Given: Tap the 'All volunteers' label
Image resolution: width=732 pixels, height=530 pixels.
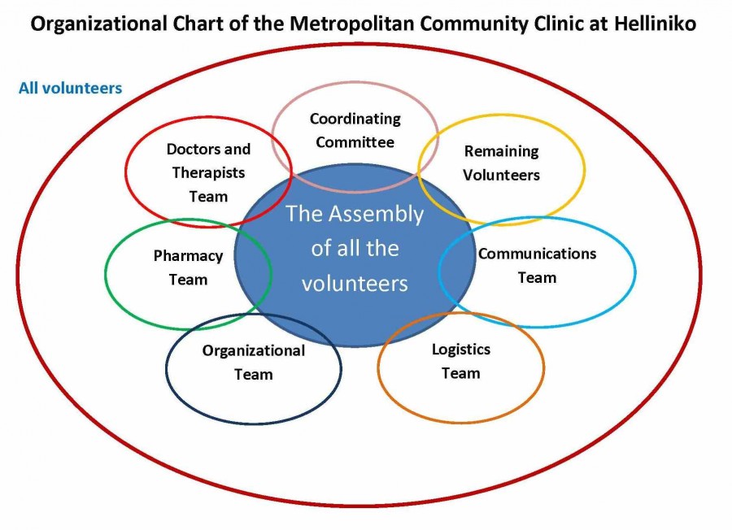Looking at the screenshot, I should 70,87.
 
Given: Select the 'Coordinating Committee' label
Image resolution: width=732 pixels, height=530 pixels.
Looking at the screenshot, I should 355,130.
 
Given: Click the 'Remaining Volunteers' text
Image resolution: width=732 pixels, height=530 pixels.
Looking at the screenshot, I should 501,163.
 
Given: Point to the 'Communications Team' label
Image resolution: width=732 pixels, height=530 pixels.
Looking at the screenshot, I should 537,265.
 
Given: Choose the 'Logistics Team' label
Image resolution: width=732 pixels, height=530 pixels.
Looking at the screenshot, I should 460,361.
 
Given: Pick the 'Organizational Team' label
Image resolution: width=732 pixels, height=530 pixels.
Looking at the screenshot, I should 254,363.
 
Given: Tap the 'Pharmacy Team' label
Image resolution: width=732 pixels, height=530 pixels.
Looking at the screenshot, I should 188,267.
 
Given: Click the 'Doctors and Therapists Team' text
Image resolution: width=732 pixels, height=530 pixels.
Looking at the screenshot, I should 208,172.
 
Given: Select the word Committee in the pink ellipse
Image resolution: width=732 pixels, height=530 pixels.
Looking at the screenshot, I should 355,142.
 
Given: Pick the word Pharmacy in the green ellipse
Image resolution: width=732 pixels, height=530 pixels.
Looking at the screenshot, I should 188,256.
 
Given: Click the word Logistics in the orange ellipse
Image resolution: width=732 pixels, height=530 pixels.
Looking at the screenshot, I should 460,350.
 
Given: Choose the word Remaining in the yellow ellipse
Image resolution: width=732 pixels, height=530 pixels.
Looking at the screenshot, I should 501,151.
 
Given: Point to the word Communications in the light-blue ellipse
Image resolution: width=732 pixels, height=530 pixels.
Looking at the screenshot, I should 537,254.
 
